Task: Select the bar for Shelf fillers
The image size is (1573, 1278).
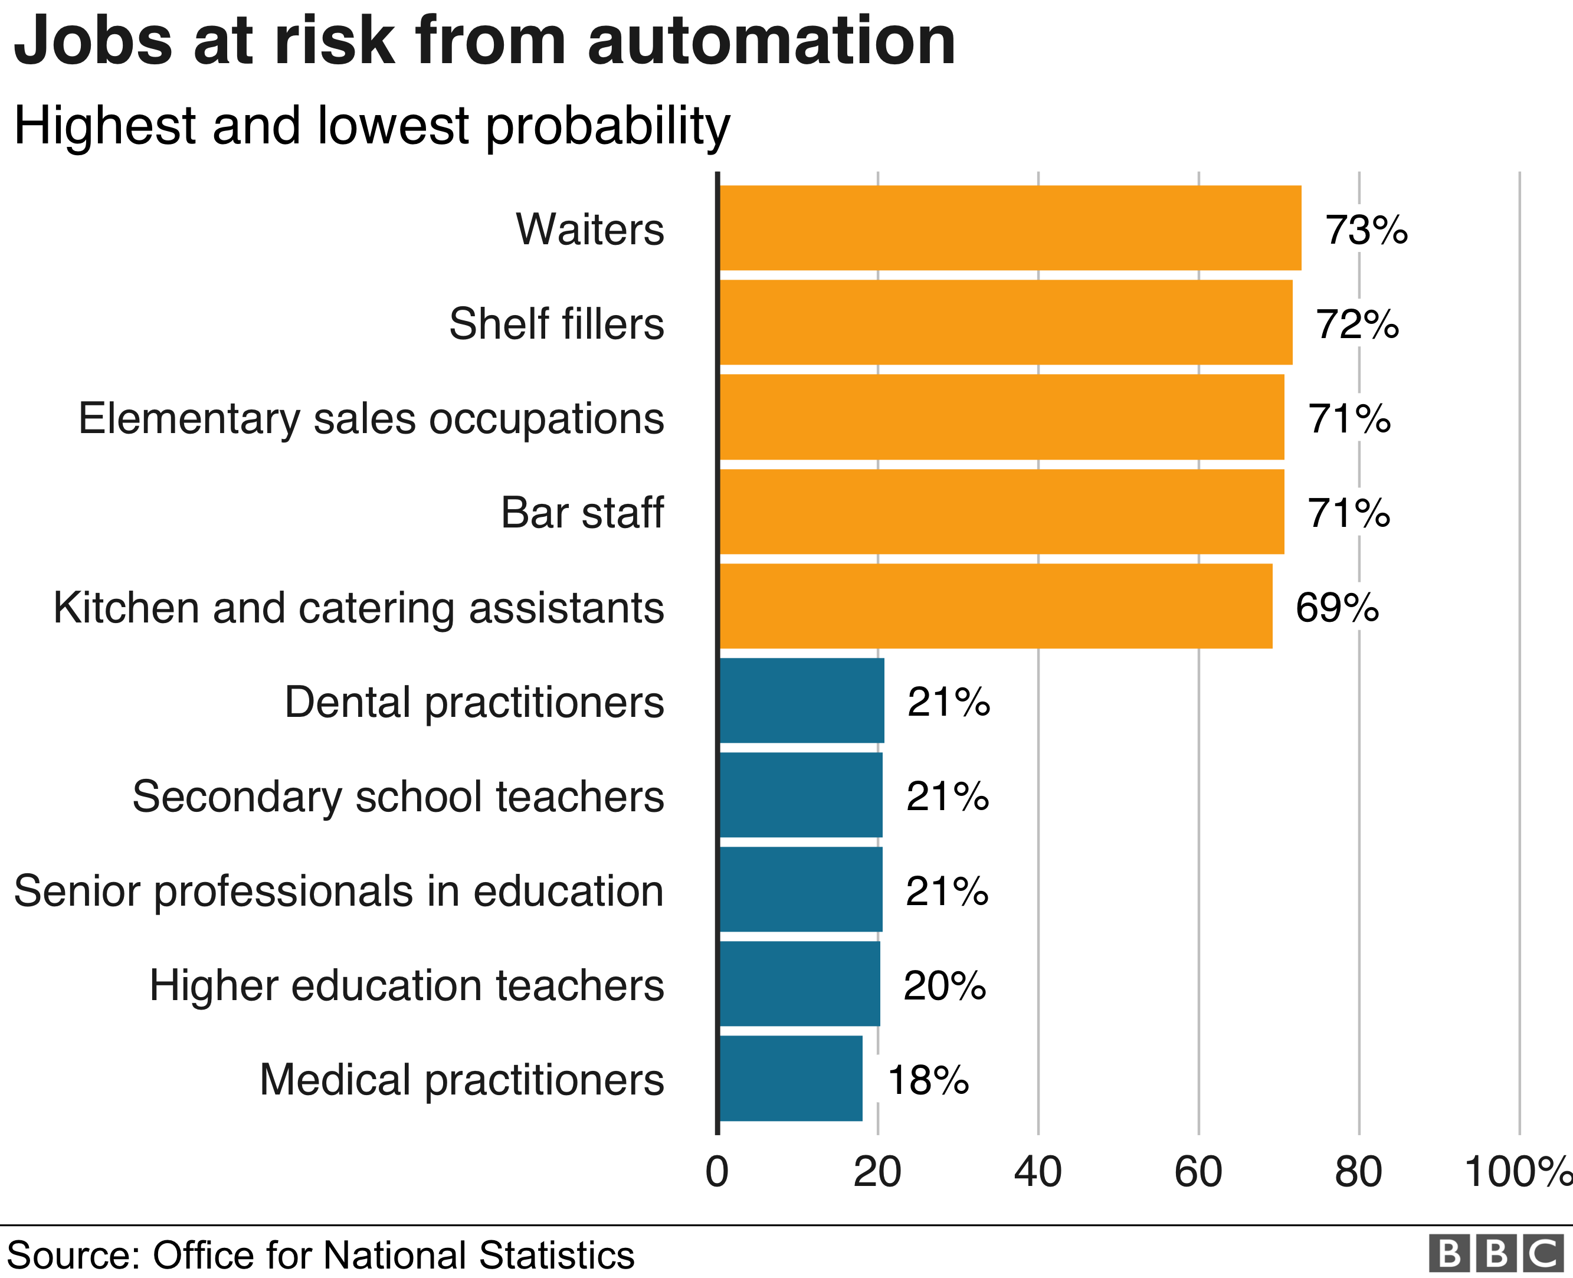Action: click(1005, 322)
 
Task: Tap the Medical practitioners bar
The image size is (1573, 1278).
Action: click(791, 1079)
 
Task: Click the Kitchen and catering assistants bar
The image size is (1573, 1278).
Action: click(996, 606)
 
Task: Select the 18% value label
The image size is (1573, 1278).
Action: click(928, 1080)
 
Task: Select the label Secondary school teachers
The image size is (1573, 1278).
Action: click(398, 796)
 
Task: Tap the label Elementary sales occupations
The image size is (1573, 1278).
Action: click(371, 418)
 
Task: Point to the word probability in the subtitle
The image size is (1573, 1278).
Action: click(608, 127)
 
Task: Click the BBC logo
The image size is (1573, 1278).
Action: click(1495, 1253)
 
